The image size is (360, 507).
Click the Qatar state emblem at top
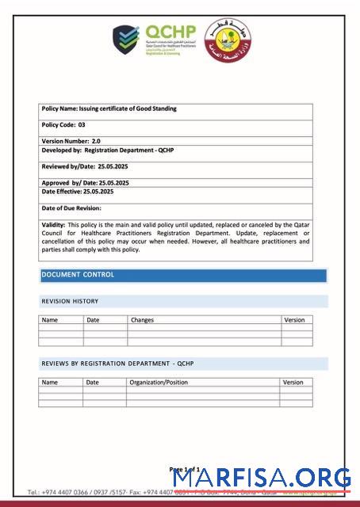pos(223,41)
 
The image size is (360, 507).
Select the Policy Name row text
pos(109,109)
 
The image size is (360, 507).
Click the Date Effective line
pos(77,192)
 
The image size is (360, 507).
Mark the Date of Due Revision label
pos(71,208)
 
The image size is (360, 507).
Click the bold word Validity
pos(54,225)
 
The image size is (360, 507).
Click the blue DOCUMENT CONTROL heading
pos(78,275)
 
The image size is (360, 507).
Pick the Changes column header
pos(143,320)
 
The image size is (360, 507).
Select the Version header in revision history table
pos(293,320)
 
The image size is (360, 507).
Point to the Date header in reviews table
pos(93,382)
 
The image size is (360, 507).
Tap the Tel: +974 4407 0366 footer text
pos(63,492)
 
